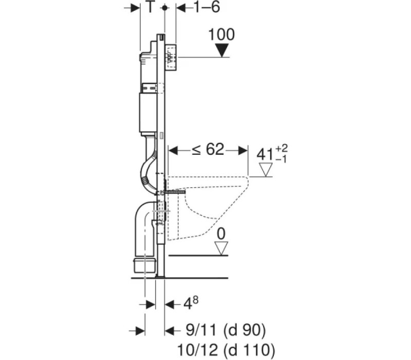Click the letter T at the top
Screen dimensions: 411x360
(x=150, y=7)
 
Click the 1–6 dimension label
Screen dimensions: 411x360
(x=207, y=7)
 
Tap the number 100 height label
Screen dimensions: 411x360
(x=221, y=34)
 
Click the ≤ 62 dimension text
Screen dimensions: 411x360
(x=208, y=149)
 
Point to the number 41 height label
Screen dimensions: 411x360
(x=265, y=155)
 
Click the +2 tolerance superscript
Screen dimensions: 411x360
(x=282, y=149)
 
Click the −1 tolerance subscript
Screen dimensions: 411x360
(x=281, y=159)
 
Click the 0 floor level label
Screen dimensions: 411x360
(x=221, y=234)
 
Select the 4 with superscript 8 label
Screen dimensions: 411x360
(x=191, y=303)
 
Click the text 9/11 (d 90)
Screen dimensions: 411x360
(x=226, y=330)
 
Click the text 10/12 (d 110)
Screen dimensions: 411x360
(x=226, y=350)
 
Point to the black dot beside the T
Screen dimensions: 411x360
(x=164, y=8)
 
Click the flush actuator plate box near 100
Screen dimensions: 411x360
(x=171, y=58)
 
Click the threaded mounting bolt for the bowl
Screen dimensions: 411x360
(x=174, y=192)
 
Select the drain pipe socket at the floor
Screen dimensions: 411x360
(x=145, y=265)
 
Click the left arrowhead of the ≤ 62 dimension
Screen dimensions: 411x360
(x=173, y=151)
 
